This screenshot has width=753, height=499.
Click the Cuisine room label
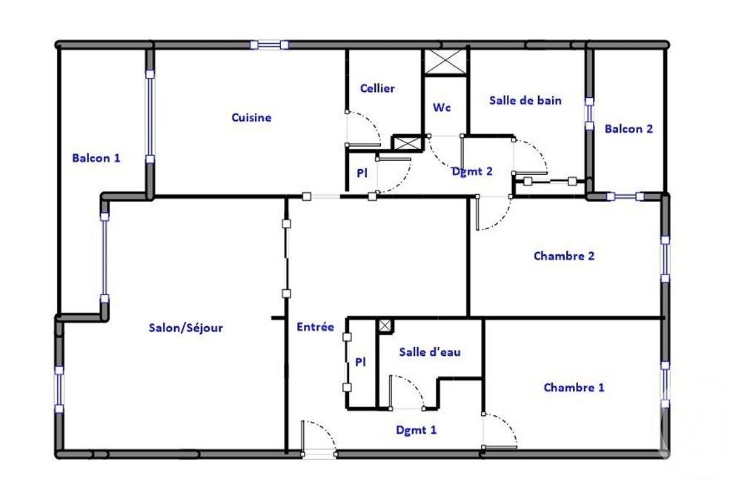(x=251, y=118)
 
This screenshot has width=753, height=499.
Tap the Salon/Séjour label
(x=186, y=328)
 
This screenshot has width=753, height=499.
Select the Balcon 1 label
(x=96, y=158)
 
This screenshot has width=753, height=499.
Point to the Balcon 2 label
(x=628, y=129)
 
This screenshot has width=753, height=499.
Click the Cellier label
(x=377, y=88)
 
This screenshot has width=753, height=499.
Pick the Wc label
(x=442, y=107)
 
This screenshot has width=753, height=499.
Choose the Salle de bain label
(x=525, y=100)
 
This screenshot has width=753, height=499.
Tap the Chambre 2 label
(x=564, y=256)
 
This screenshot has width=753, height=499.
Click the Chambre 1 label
(x=574, y=388)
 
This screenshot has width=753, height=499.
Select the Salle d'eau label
(x=430, y=352)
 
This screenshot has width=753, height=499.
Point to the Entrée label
(x=315, y=327)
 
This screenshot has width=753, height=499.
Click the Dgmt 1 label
(x=417, y=430)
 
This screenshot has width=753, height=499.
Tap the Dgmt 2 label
(x=472, y=171)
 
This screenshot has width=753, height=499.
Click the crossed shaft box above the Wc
(x=445, y=62)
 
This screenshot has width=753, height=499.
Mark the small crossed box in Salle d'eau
(x=385, y=326)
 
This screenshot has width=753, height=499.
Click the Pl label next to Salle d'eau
(x=360, y=362)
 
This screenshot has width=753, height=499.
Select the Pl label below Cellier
(x=362, y=173)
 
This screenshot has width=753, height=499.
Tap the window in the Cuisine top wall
(x=270, y=45)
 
